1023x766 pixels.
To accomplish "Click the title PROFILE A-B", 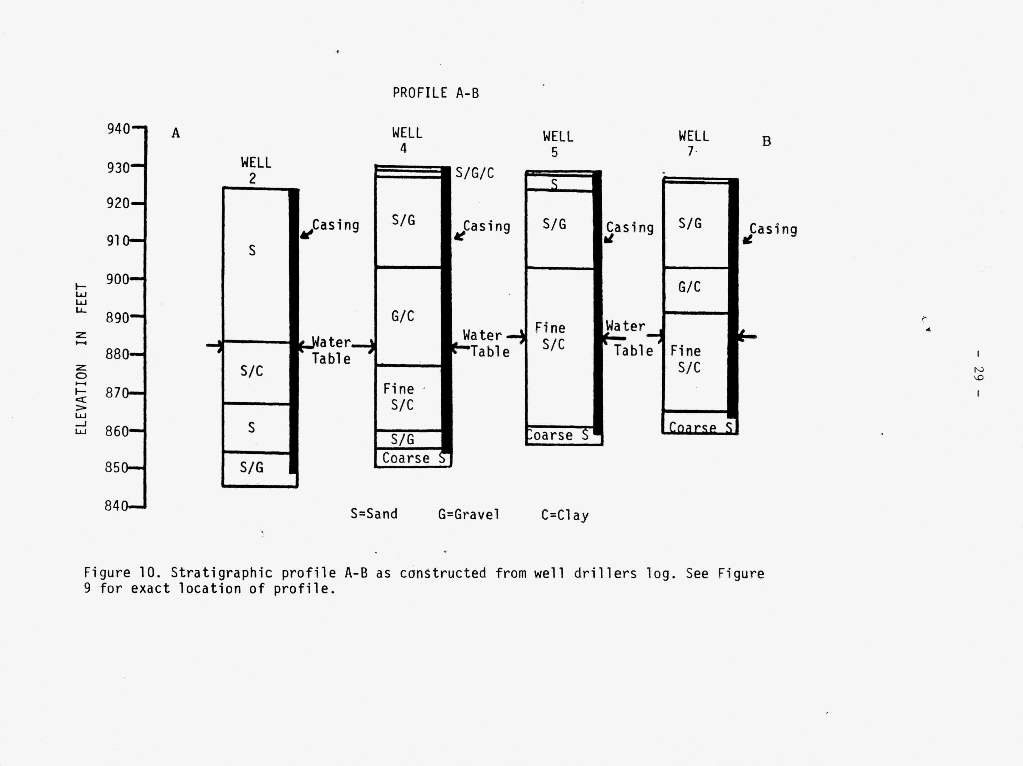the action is (x=436, y=93).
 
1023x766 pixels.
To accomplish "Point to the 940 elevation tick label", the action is (x=118, y=129).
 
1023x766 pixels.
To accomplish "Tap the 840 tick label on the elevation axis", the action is (x=116, y=506).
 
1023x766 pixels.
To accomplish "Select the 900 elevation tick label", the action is (x=118, y=279).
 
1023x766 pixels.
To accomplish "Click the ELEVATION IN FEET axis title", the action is (x=81, y=359).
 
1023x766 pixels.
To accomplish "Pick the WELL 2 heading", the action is (x=256, y=170).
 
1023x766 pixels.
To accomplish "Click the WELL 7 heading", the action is (x=693, y=144).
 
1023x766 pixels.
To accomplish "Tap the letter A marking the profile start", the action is (x=176, y=133).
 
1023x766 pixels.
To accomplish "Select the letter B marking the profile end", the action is (x=766, y=141).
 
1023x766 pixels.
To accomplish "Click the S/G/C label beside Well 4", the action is (x=474, y=173).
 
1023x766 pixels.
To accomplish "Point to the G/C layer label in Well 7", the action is (x=689, y=287).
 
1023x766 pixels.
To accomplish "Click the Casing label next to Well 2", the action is (x=335, y=225).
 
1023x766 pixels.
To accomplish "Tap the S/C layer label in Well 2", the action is (x=252, y=370).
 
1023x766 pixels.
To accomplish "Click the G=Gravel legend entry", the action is (x=469, y=514).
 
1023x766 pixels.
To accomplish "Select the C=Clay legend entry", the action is (x=565, y=515).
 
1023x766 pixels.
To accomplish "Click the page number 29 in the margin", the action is (x=978, y=374).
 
